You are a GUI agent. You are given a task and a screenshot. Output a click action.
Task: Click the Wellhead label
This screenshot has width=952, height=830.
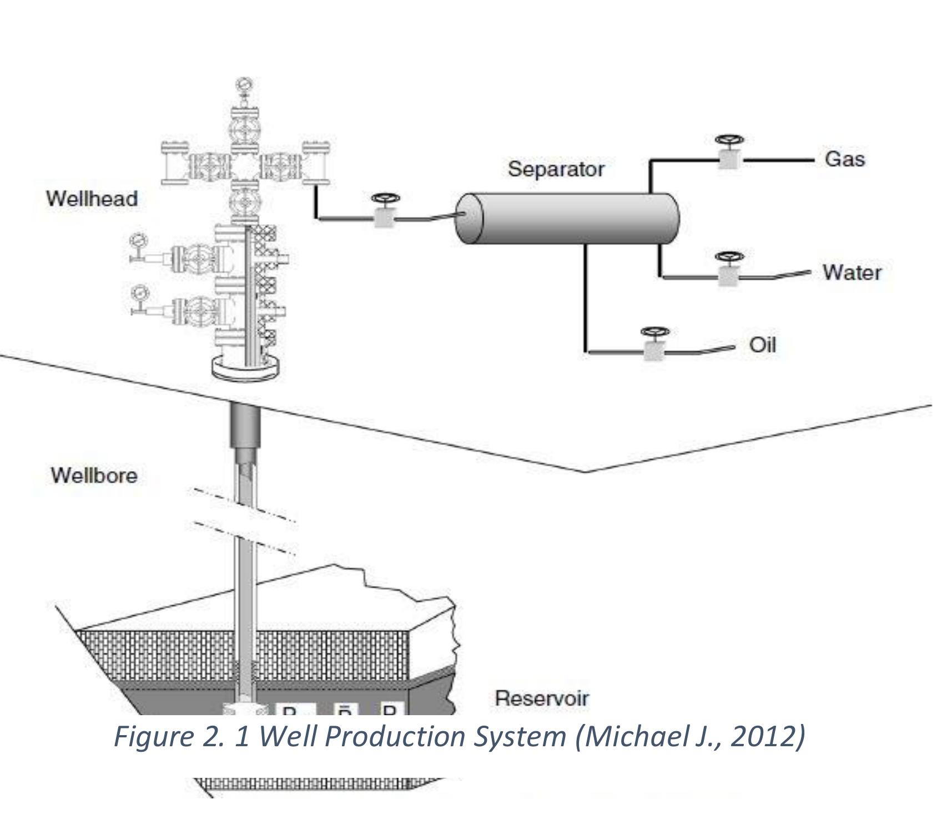click(x=92, y=199)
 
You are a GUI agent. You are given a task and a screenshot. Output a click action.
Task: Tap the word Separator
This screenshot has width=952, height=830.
click(x=556, y=169)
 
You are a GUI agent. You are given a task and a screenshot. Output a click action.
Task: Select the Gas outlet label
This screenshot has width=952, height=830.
click(x=844, y=159)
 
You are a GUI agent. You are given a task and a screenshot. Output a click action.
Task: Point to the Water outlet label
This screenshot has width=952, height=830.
click(x=852, y=272)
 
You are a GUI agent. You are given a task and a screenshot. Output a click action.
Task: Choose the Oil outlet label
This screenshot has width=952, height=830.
click(x=763, y=345)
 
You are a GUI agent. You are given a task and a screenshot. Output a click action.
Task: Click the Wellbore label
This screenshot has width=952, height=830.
click(x=94, y=475)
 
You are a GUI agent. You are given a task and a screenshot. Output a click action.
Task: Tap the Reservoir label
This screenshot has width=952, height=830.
click(x=541, y=699)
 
